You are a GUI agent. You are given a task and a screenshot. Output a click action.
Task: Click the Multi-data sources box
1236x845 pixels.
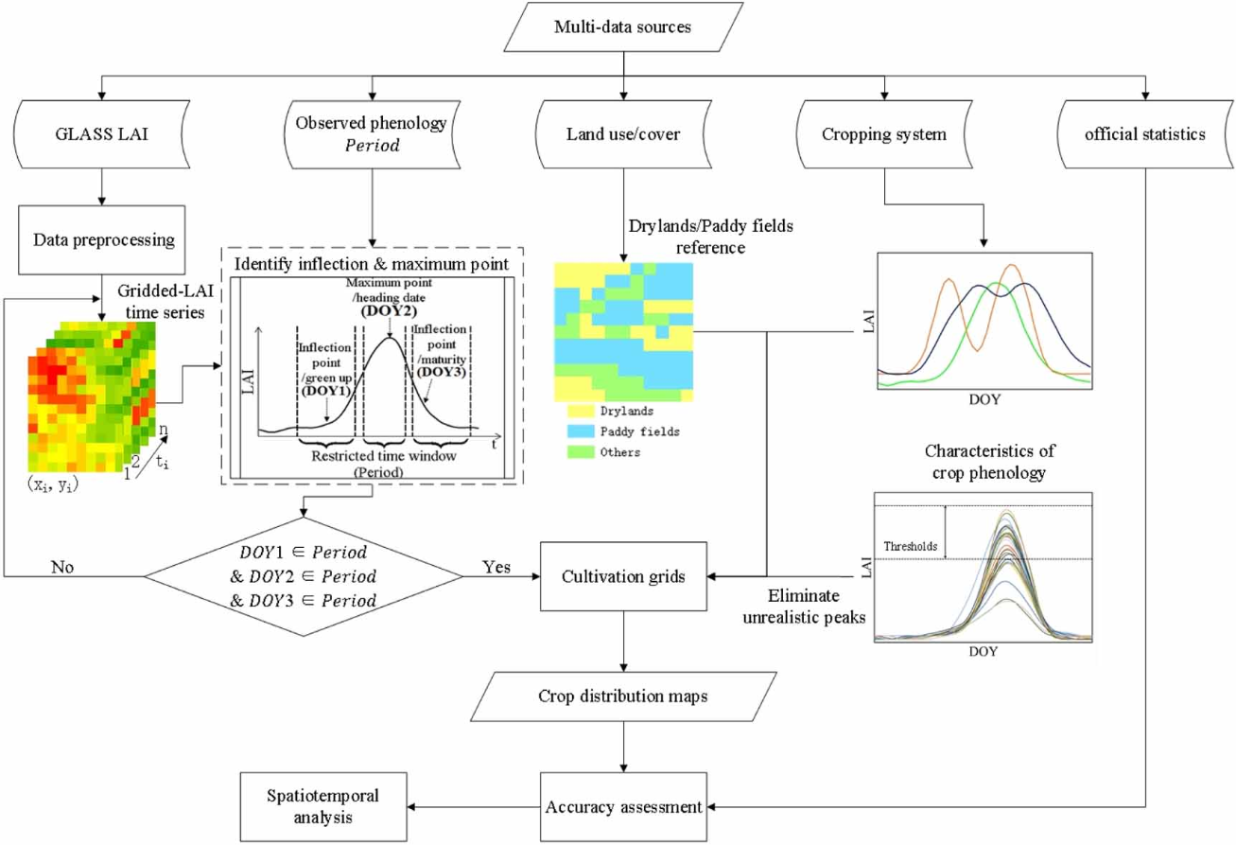[x=622, y=27]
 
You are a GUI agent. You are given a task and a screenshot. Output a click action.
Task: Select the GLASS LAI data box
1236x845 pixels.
[x=99, y=133]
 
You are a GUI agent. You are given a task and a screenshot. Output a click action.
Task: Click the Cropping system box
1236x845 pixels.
[x=884, y=133]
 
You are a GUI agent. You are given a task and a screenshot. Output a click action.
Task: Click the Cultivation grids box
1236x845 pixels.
[x=624, y=575]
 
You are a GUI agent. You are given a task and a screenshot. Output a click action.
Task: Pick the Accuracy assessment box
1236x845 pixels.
[x=624, y=807]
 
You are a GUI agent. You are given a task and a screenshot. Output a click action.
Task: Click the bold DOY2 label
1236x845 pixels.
[x=388, y=308]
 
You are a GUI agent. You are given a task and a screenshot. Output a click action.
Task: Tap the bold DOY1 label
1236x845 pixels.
[x=325, y=390]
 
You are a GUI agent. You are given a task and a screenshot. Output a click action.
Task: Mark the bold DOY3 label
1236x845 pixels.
[x=441, y=372]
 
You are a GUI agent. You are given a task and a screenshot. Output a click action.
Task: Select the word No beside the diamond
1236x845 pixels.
[x=62, y=568]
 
